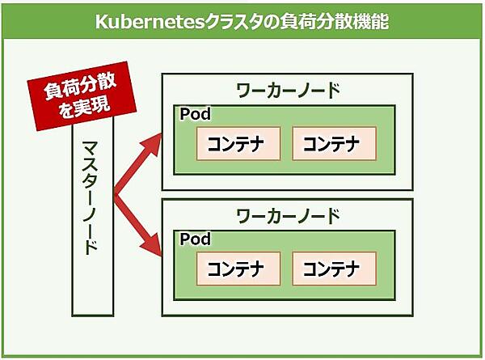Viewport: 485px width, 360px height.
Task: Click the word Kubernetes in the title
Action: (x=150, y=21)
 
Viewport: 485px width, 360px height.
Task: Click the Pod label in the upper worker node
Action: (x=195, y=114)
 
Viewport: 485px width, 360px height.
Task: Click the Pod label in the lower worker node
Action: (x=195, y=239)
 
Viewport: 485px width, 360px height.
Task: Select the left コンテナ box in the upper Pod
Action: (x=238, y=144)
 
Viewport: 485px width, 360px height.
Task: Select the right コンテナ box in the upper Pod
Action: (x=334, y=144)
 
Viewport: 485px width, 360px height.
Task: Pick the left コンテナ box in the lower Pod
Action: (x=238, y=269)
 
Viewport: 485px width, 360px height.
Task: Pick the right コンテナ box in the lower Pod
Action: (x=334, y=269)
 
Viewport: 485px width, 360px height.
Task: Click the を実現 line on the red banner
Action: (x=78, y=105)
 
